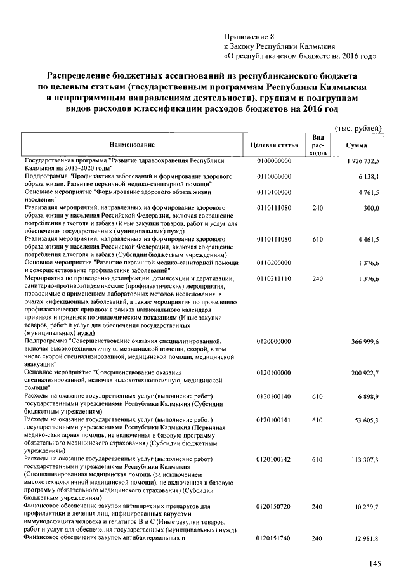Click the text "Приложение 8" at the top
[x=247, y=36]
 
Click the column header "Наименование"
[x=131, y=145]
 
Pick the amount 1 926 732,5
[x=362, y=162]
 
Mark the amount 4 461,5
[x=367, y=239]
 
